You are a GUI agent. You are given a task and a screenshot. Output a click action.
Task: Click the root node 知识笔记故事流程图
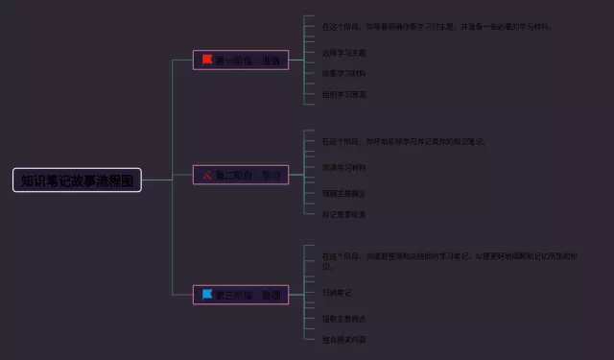[77, 180]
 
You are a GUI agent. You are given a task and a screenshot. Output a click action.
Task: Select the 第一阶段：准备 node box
[240, 60]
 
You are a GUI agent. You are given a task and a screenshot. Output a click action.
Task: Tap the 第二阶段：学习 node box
[240, 176]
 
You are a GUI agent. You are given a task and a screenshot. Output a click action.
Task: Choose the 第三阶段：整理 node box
[240, 294]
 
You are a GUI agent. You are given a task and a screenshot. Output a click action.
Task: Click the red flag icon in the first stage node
[206, 60]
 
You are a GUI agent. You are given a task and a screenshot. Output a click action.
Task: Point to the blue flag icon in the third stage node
[206, 293]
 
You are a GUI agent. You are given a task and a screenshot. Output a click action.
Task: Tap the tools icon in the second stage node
[206, 176]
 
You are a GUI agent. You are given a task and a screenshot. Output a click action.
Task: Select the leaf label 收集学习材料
[344, 73]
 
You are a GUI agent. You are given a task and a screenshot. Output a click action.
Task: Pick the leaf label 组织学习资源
[344, 94]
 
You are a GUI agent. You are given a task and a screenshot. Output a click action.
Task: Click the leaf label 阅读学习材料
[344, 167]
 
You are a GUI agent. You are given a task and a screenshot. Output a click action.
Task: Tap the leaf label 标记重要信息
[344, 214]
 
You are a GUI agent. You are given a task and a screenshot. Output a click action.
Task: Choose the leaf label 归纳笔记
[338, 292]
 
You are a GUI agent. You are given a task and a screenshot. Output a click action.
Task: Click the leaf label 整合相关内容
[344, 339]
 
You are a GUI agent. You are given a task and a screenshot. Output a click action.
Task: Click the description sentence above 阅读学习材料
[404, 141]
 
